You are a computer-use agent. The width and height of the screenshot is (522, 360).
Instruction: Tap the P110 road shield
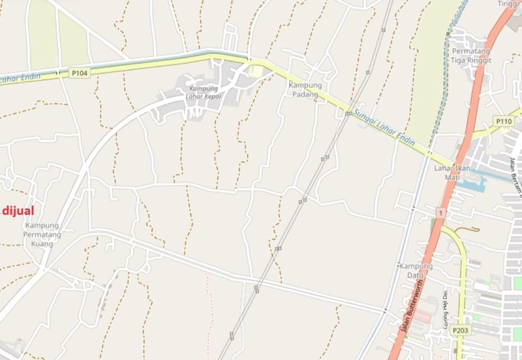[503, 121]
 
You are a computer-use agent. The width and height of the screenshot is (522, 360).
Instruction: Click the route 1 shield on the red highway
[441, 213]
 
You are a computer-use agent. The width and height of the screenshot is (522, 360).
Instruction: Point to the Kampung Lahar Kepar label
[205, 93]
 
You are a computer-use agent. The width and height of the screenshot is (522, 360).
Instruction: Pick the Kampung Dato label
[416, 270]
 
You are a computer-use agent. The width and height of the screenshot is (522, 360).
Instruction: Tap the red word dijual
[17, 210]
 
